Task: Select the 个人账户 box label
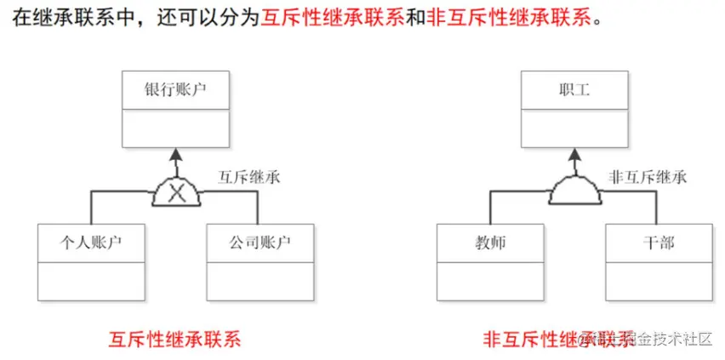tap(92, 243)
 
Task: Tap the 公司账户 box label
tap(260, 243)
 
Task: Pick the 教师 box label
tap(490, 243)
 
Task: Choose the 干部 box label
tap(659, 243)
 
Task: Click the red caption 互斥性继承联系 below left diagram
tap(175, 339)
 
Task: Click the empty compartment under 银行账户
tap(175, 129)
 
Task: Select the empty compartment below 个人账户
tap(92, 281)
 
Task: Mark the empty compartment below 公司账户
tap(260, 281)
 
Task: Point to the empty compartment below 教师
tap(490, 281)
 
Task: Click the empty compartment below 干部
tap(659, 281)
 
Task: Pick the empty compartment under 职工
tap(574, 129)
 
